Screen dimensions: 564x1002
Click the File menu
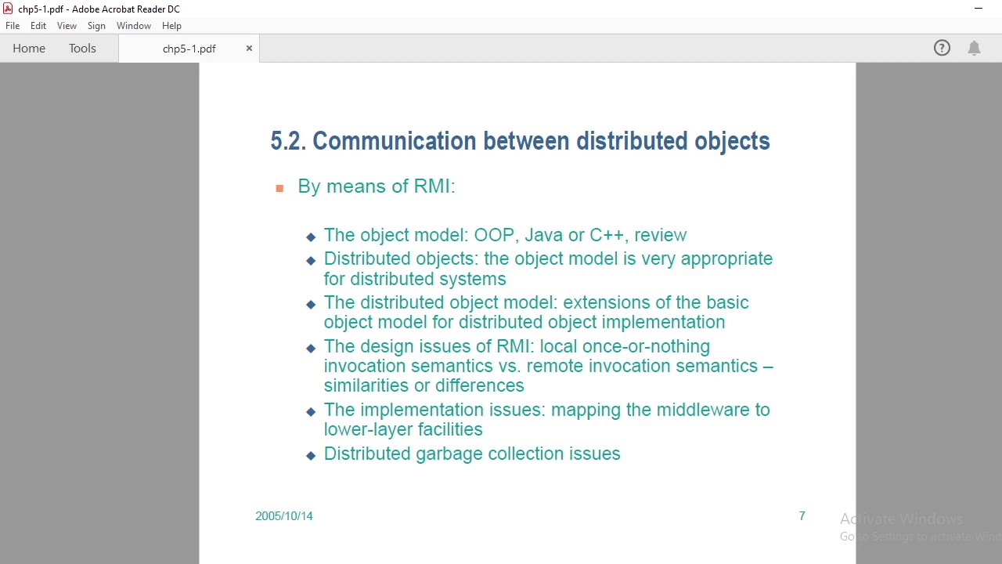tap(13, 26)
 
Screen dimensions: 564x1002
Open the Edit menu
tap(38, 26)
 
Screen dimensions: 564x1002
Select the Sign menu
tap(96, 26)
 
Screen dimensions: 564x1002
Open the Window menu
tap(134, 26)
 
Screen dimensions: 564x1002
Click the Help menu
tap(171, 26)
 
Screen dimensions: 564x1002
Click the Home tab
tap(29, 49)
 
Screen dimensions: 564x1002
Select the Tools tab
tap(82, 49)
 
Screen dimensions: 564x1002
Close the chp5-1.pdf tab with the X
tap(249, 49)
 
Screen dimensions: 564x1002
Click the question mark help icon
tap(942, 49)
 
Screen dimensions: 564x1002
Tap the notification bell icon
tap(974, 49)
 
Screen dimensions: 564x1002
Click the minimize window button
tap(979, 9)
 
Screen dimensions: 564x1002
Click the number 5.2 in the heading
tap(287, 142)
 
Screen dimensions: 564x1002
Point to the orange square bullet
tap(279, 188)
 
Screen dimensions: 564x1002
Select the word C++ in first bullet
tap(607, 235)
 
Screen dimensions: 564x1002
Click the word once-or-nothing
tap(645, 346)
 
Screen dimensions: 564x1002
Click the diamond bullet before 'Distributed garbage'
tap(311, 455)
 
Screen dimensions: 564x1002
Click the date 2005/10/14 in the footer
tap(284, 516)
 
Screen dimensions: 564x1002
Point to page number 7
tap(802, 515)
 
